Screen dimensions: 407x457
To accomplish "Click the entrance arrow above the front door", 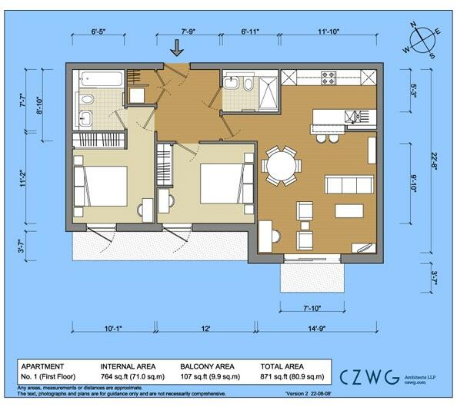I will click(177, 48).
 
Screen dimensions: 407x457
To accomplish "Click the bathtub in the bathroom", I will click(101, 79).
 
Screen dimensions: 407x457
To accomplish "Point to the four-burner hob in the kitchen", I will click(329, 78).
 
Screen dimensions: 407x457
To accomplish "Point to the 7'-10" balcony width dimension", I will click(310, 308).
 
